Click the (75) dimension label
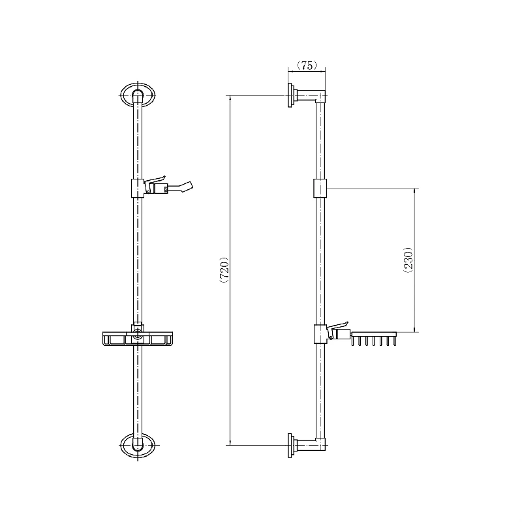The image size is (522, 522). click(307, 66)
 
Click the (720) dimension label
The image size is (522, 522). click(224, 269)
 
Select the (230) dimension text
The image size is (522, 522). click(408, 260)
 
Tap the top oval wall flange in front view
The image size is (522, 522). click(137, 95)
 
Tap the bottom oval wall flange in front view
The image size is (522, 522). click(137, 445)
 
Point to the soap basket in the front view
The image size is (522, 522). click(138, 338)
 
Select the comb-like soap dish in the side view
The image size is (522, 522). click(373, 339)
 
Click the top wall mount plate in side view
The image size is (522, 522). click(290, 95)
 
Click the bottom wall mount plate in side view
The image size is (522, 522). click(290, 446)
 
